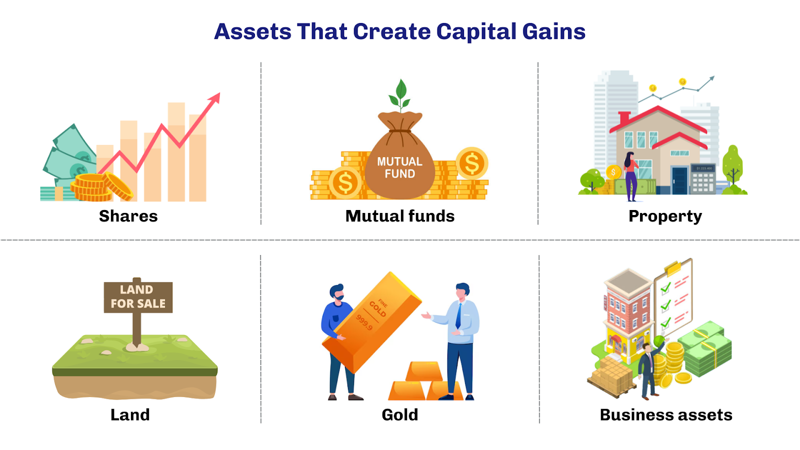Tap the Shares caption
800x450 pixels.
tap(128, 216)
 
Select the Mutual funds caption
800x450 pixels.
tap(400, 216)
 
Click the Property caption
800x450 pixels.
tap(665, 216)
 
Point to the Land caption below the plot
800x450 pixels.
tap(130, 414)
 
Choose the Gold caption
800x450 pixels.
tap(399, 414)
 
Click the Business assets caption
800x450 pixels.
tap(666, 414)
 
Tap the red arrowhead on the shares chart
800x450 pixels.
tap(214, 98)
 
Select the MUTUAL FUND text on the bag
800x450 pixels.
tap(399, 167)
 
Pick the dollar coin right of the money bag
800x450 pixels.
tap(471, 163)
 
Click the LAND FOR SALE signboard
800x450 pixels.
tap(138, 297)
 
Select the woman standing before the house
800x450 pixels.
tap(630, 175)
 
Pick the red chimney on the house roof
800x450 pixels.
tap(624, 118)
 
